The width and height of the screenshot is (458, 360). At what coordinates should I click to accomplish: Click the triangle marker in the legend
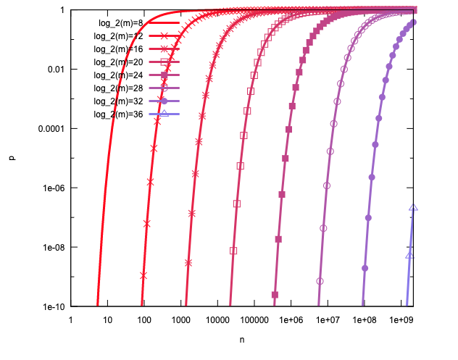point(164,113)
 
